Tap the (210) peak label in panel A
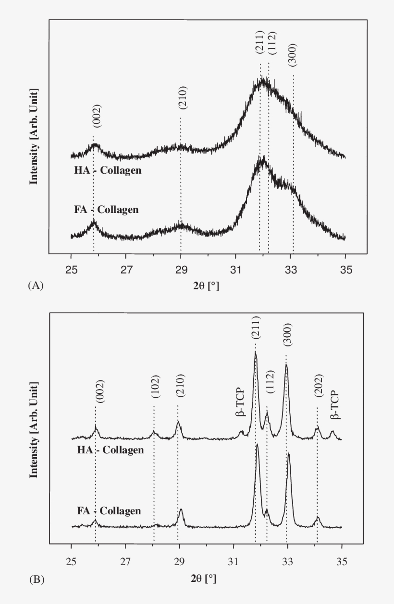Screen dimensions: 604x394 (x=183, y=98)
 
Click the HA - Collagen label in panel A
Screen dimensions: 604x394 (x=108, y=170)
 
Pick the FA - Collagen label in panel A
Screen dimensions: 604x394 (x=106, y=210)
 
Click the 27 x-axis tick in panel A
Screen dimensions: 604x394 (x=126, y=270)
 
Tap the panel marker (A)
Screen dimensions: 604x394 (x=36, y=285)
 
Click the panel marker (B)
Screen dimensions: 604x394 (x=37, y=580)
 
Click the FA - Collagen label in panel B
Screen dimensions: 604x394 (x=109, y=511)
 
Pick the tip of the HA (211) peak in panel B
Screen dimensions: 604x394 (x=256, y=352)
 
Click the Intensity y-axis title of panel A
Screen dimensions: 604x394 (x=34, y=136)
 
